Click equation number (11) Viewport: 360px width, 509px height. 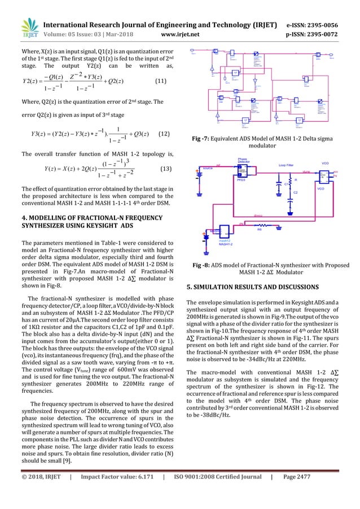(161, 81)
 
